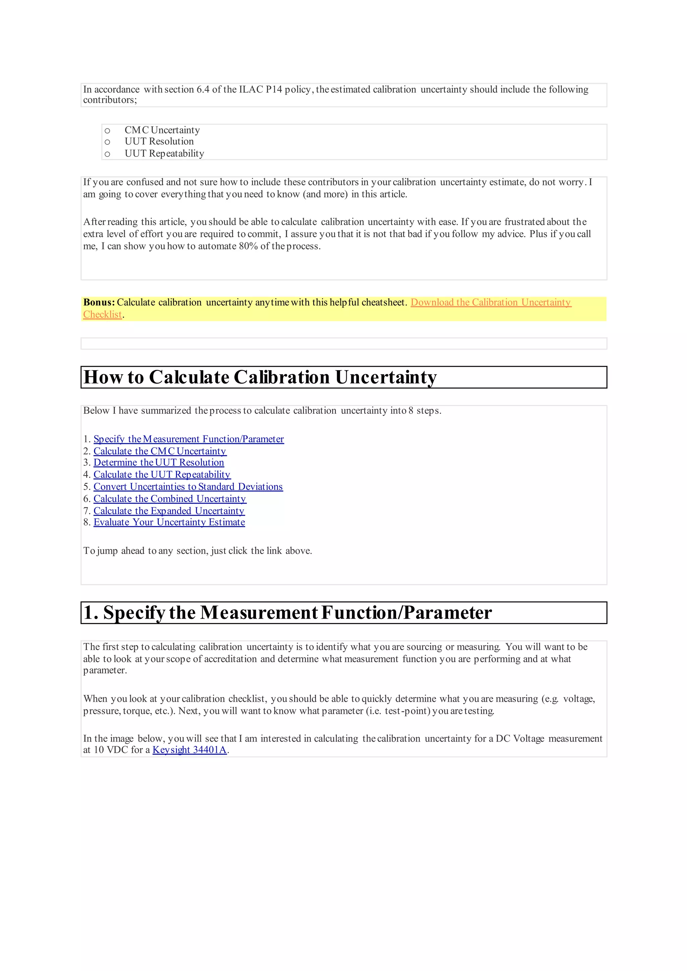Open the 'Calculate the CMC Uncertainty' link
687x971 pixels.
click(x=160, y=451)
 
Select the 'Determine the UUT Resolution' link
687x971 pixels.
click(x=159, y=462)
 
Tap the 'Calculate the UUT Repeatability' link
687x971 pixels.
click(x=162, y=474)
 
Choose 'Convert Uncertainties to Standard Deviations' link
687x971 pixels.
click(x=188, y=487)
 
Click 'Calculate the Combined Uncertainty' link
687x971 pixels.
click(x=170, y=499)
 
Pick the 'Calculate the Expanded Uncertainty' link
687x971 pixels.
click(x=169, y=511)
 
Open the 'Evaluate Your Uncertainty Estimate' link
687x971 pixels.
click(x=169, y=522)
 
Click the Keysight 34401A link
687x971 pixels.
click(x=190, y=750)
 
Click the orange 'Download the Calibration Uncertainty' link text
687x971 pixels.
click(x=491, y=302)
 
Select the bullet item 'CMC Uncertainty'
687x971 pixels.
click(x=162, y=130)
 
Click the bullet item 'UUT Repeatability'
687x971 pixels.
click(x=164, y=154)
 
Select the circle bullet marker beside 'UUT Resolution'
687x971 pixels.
click(x=107, y=142)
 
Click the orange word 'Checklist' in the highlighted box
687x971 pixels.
click(x=102, y=315)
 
